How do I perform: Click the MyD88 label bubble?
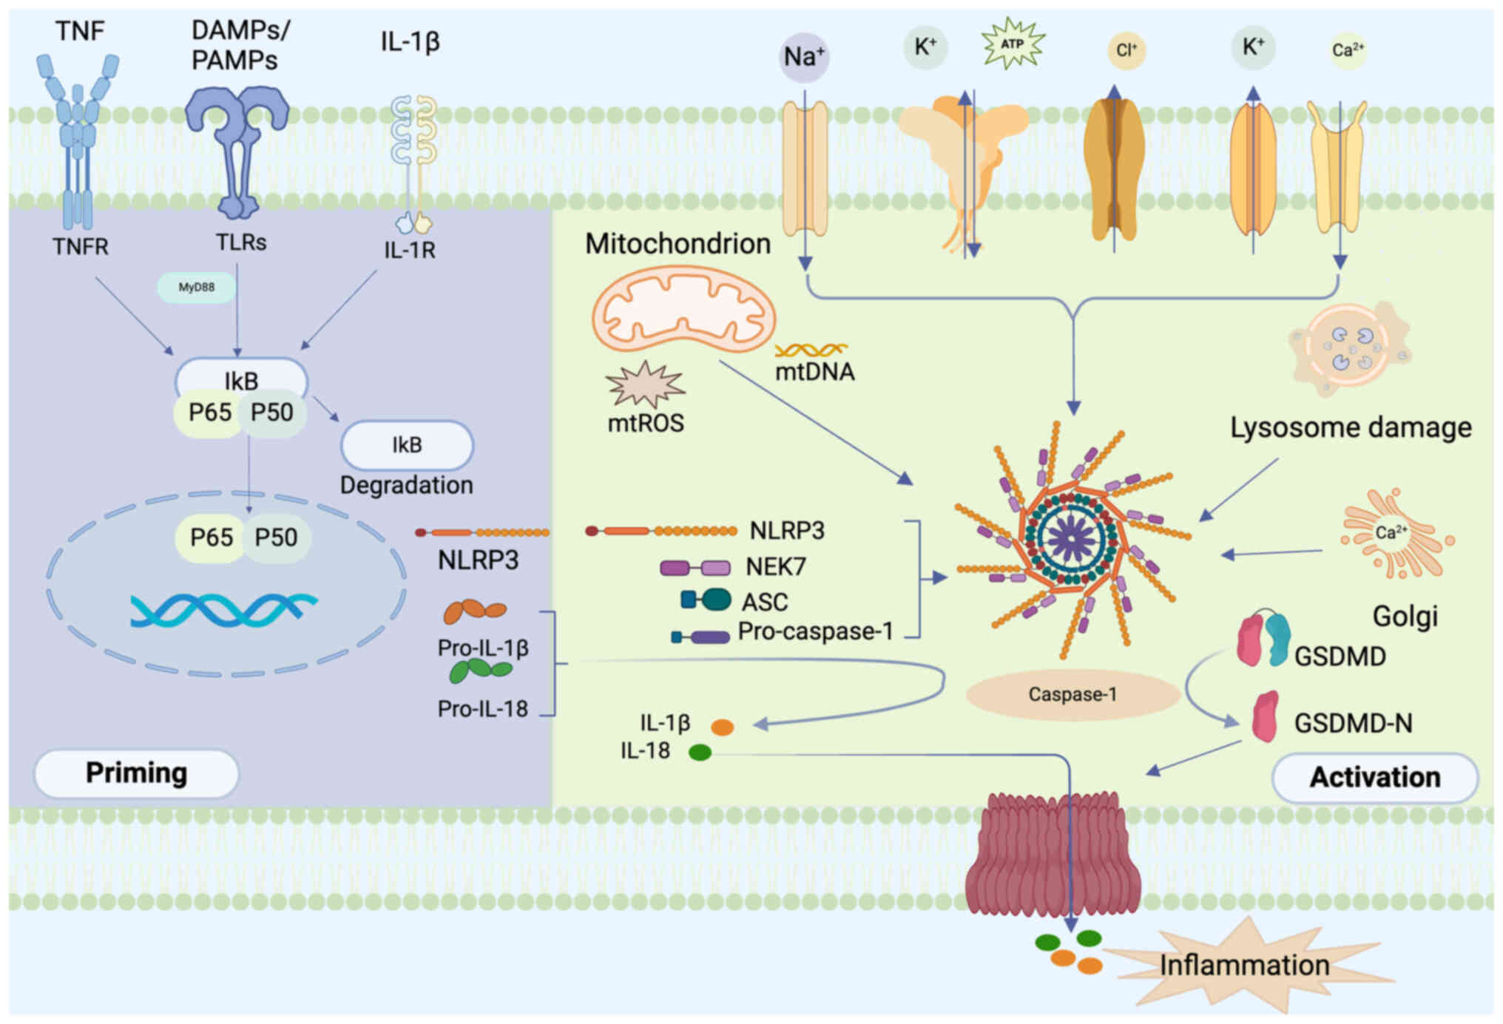click(196, 288)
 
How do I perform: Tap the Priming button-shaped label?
click(136, 773)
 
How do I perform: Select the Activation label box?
click(1374, 778)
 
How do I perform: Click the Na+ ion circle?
click(804, 57)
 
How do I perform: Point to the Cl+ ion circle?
click(1126, 50)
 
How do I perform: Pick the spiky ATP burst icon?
click(1012, 44)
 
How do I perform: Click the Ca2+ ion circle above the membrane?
click(1348, 50)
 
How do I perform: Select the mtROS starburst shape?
click(645, 385)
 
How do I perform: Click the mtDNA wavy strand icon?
click(811, 350)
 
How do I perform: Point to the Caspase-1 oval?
click(1072, 695)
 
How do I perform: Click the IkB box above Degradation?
click(406, 445)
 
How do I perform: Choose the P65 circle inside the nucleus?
click(211, 538)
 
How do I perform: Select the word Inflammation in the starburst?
click(1244, 966)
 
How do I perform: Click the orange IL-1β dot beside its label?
click(722, 728)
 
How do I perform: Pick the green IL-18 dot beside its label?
click(700, 753)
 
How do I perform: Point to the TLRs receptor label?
click(241, 243)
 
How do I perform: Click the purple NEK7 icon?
click(695, 568)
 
